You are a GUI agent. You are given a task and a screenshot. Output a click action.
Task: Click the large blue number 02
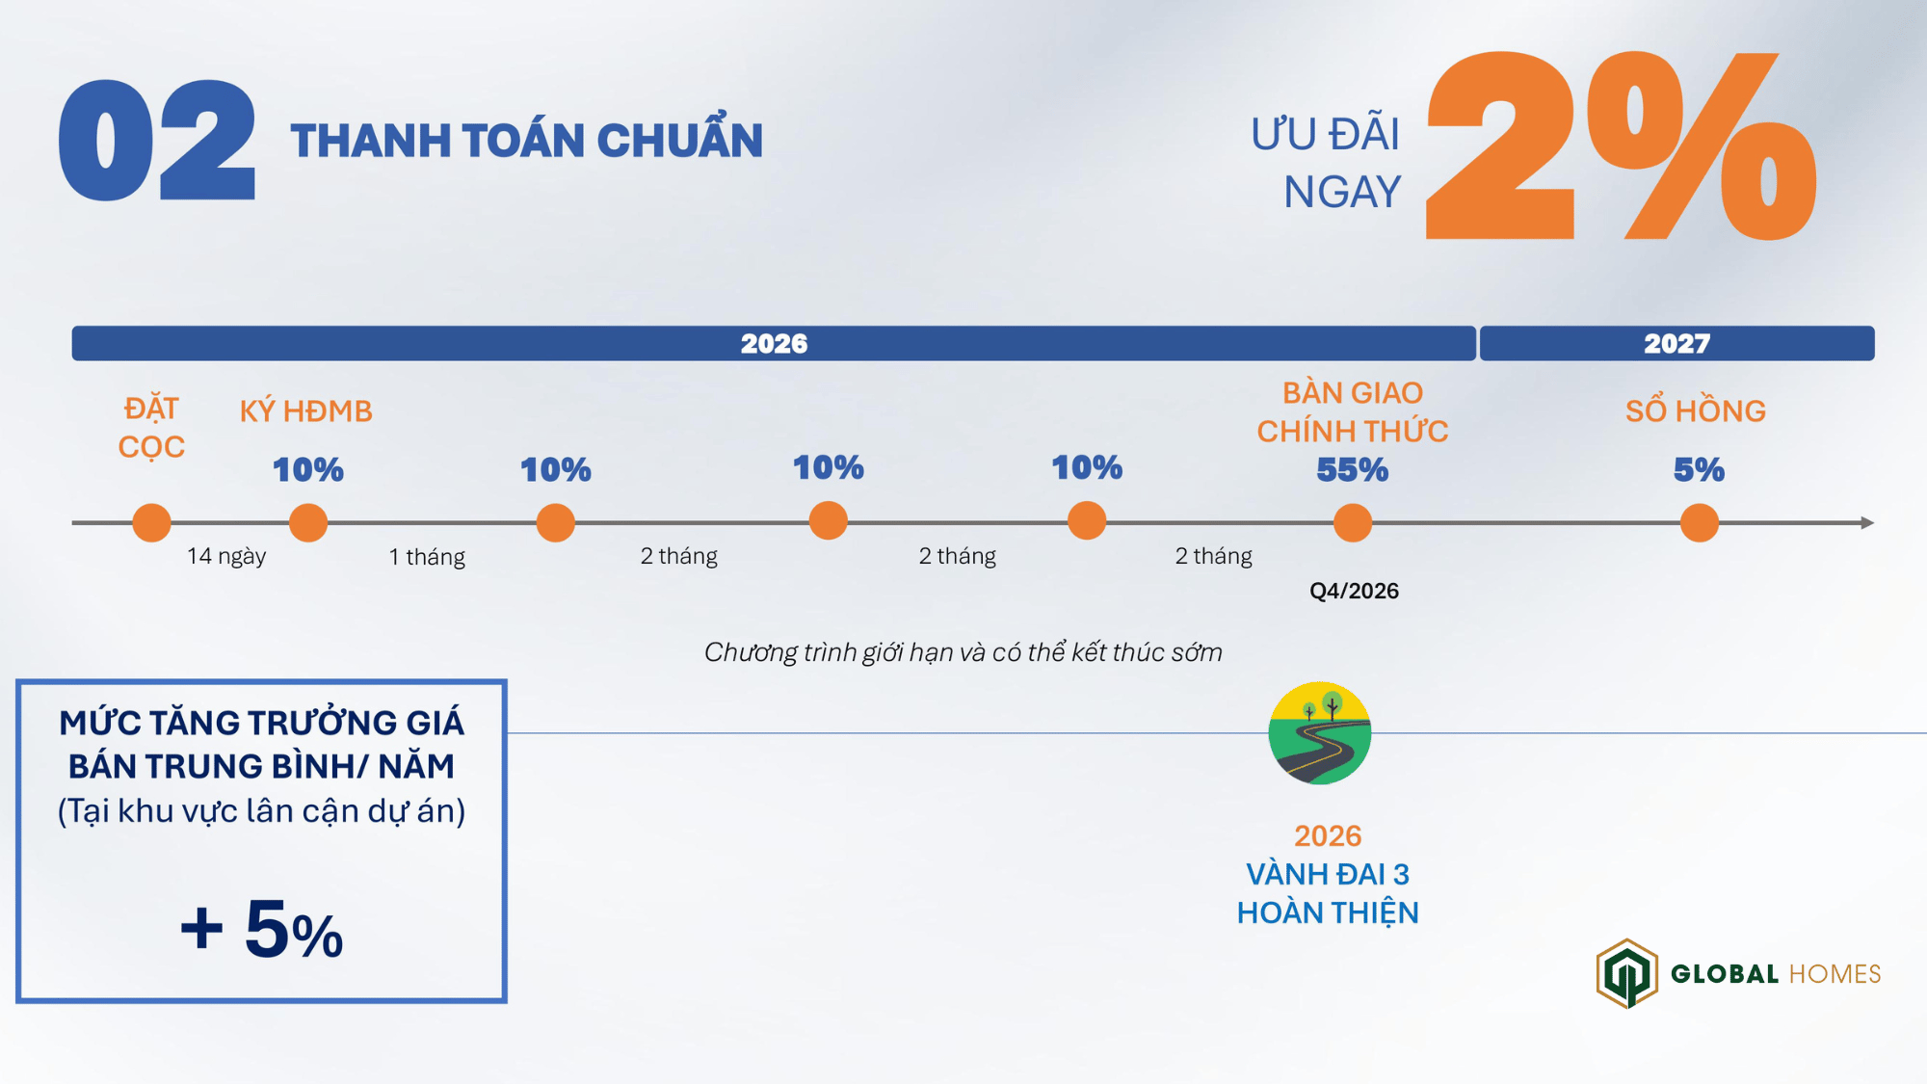[x=157, y=141]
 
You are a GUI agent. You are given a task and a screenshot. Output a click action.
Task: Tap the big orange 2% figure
[x=1622, y=145]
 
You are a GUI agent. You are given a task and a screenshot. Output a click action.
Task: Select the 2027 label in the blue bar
[x=1676, y=344]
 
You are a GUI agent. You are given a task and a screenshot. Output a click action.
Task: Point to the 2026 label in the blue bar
[x=774, y=344]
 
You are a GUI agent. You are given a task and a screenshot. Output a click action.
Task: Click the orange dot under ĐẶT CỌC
[x=151, y=523]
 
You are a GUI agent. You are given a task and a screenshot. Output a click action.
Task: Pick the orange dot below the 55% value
[x=1353, y=523]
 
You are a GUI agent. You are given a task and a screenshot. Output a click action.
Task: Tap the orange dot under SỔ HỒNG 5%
[x=1700, y=523]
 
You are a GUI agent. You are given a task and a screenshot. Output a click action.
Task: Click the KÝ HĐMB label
[x=306, y=411]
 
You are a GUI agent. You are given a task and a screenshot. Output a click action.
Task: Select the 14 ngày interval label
[x=226, y=556]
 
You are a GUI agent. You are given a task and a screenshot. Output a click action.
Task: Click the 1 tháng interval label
[x=427, y=557]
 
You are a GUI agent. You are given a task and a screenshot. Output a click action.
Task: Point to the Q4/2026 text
[x=1354, y=591]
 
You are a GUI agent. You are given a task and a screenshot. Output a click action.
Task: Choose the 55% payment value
[x=1353, y=469]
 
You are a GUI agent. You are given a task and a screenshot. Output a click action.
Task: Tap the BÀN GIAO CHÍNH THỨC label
[x=1353, y=411]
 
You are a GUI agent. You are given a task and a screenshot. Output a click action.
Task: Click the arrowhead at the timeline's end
[x=1867, y=523]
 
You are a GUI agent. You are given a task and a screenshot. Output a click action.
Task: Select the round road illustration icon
[x=1320, y=733]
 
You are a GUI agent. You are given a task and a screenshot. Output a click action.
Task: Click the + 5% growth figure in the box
[x=261, y=929]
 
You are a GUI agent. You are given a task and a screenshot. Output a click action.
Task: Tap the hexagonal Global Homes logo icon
[x=1627, y=973]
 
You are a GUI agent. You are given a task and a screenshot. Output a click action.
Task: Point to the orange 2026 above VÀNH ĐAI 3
[x=1328, y=835]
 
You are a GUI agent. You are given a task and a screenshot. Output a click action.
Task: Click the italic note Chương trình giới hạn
[x=963, y=652]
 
